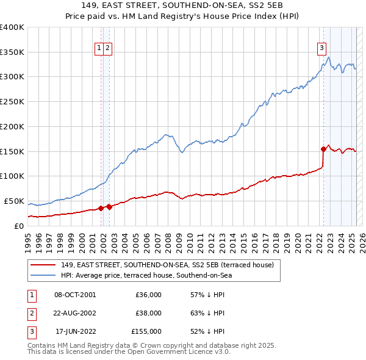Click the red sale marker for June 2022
323,148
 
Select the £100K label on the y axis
12,176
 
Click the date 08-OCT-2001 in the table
75,294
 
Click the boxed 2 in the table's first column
32,313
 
